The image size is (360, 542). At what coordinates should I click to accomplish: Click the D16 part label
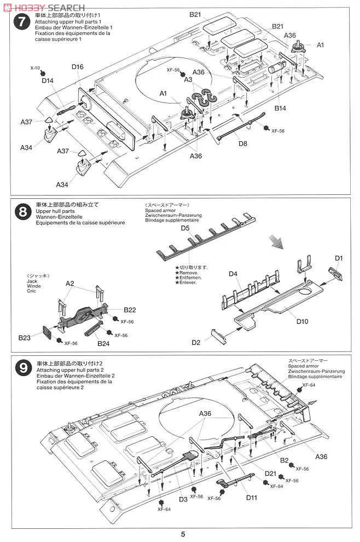[78, 67]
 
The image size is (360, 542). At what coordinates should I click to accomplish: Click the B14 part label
[281, 108]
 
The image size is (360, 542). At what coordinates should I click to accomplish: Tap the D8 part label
[243, 145]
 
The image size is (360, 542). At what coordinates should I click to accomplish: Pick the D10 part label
[303, 321]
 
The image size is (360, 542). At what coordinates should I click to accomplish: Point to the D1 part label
[339, 258]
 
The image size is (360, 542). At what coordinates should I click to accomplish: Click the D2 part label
[196, 343]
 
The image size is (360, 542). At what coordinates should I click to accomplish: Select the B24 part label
[104, 344]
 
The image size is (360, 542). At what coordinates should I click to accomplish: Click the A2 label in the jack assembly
[70, 284]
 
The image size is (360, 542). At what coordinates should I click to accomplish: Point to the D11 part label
[252, 497]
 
